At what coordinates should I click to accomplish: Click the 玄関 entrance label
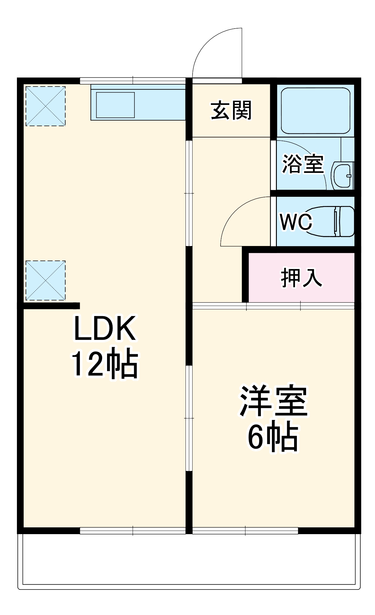click(x=231, y=110)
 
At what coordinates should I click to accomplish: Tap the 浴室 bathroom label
click(x=303, y=164)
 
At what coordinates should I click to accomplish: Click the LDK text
click(x=105, y=328)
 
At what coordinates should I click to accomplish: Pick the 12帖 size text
click(x=105, y=364)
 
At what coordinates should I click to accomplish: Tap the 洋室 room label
click(x=273, y=401)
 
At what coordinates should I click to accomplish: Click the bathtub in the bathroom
click(x=315, y=111)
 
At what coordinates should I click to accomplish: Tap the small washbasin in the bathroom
click(x=342, y=176)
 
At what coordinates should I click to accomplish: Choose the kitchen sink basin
click(x=115, y=105)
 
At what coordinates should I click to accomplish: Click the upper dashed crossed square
click(x=46, y=106)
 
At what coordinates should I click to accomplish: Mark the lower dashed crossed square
click(x=46, y=280)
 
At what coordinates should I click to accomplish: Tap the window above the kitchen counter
click(x=133, y=81)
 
